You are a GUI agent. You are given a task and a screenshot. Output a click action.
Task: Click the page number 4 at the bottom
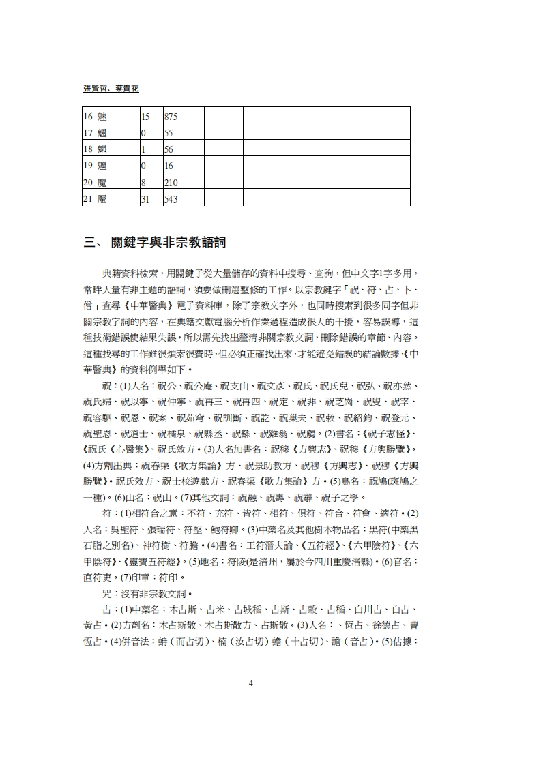[251, 683]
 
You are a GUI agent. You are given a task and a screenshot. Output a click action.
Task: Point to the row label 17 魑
[96, 132]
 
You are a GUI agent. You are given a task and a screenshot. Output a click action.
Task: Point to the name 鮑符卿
[222, 528]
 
